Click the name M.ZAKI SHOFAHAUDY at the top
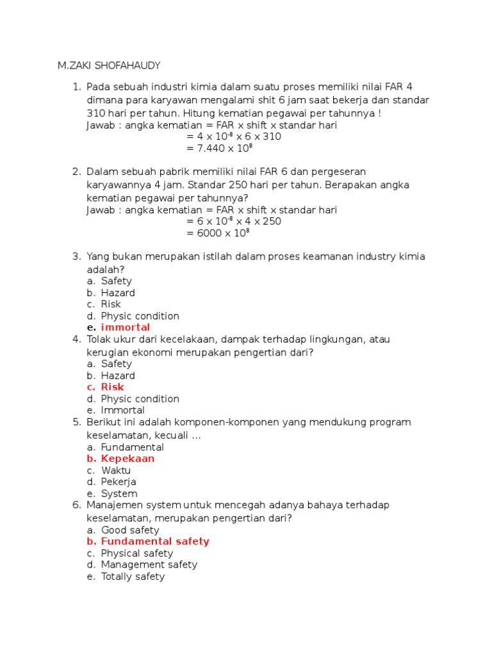[109, 65]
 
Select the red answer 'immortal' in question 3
[126, 327]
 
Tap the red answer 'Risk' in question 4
[113, 387]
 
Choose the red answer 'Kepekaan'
[127, 459]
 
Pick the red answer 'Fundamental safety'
[155, 541]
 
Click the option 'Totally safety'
[133, 577]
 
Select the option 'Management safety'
[149, 564]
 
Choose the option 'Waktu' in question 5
[116, 470]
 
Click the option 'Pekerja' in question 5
[119, 482]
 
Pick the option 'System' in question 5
[119, 494]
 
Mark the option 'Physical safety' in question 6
[137, 553]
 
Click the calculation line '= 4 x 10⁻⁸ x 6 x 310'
[234, 136]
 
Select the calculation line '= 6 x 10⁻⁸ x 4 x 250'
[234, 221]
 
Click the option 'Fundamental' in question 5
[133, 447]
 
